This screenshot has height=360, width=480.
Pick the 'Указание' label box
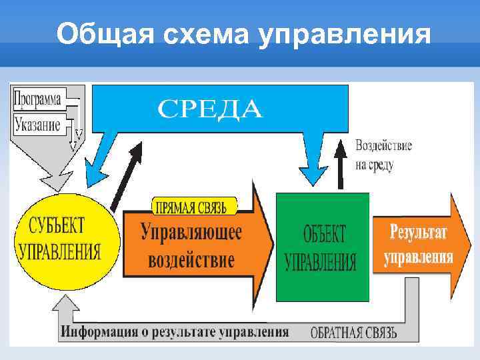(x=37, y=123)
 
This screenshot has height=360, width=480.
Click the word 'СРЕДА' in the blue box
(x=210, y=109)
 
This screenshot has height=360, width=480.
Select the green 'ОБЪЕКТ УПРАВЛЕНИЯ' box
(x=322, y=247)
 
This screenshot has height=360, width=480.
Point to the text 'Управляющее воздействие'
(x=191, y=245)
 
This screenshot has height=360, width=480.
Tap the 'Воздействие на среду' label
(x=383, y=155)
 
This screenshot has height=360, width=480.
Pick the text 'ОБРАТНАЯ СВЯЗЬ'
(x=354, y=331)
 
